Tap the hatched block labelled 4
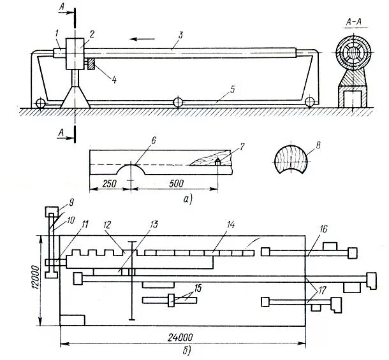pyautogui.click(x=91, y=63)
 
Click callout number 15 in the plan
pyautogui.click(x=198, y=289)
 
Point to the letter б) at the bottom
pyautogui.click(x=185, y=351)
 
